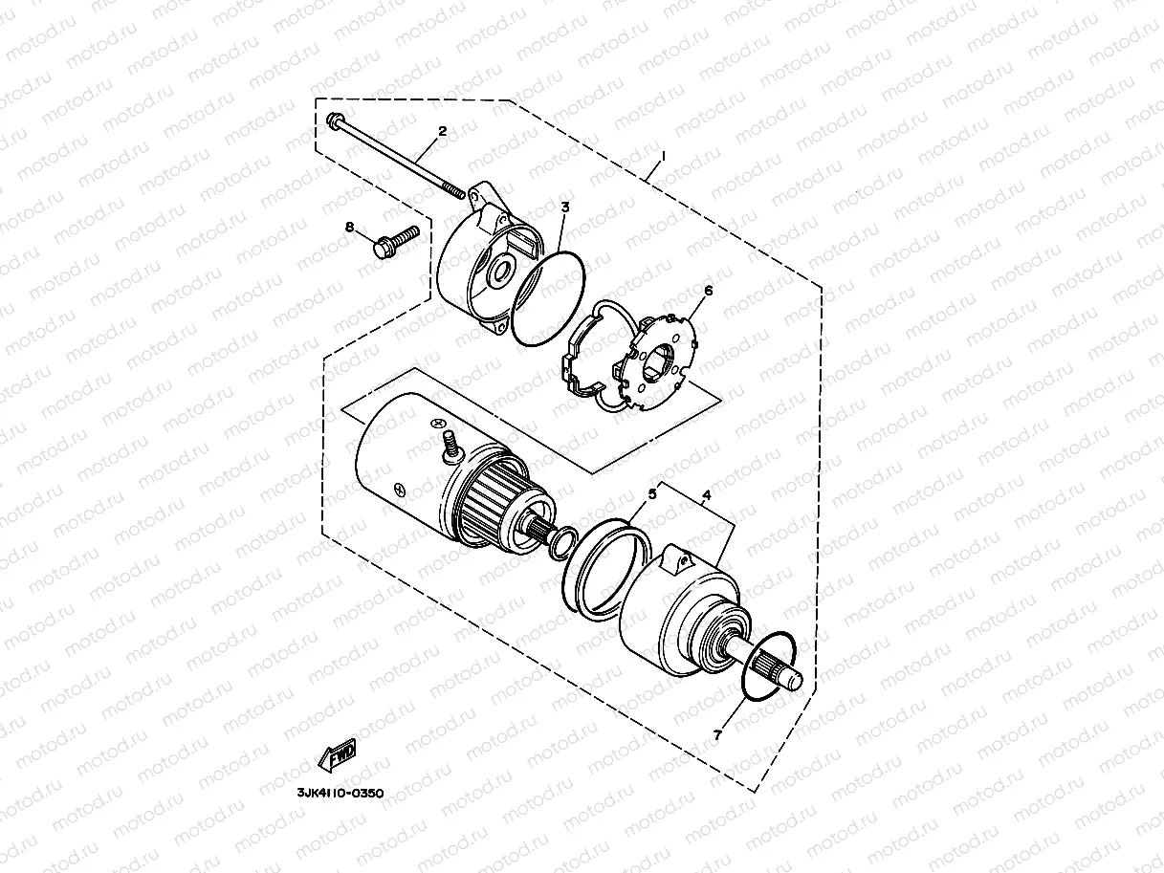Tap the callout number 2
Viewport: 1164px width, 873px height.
(x=442, y=131)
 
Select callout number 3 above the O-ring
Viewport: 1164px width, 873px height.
(x=565, y=207)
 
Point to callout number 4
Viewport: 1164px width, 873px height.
(x=706, y=495)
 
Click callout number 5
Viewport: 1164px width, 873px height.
(x=652, y=493)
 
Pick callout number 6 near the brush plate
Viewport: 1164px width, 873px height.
(x=708, y=289)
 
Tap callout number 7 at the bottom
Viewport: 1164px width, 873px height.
(x=716, y=734)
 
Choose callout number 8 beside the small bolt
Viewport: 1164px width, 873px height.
(x=350, y=228)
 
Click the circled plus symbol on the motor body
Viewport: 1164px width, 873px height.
(x=438, y=424)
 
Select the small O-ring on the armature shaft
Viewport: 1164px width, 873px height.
(x=560, y=541)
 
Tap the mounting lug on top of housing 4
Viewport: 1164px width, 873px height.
(x=679, y=558)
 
